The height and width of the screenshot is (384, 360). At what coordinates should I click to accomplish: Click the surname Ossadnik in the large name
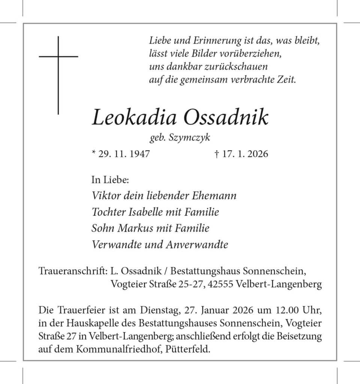pyautogui.click(x=226, y=117)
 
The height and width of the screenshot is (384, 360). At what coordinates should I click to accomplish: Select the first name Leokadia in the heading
pyautogui.click(x=133, y=117)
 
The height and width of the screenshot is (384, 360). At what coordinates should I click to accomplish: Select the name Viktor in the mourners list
pyautogui.click(x=103, y=196)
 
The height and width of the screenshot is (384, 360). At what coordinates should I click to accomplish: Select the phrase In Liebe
pyautogui.click(x=110, y=180)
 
